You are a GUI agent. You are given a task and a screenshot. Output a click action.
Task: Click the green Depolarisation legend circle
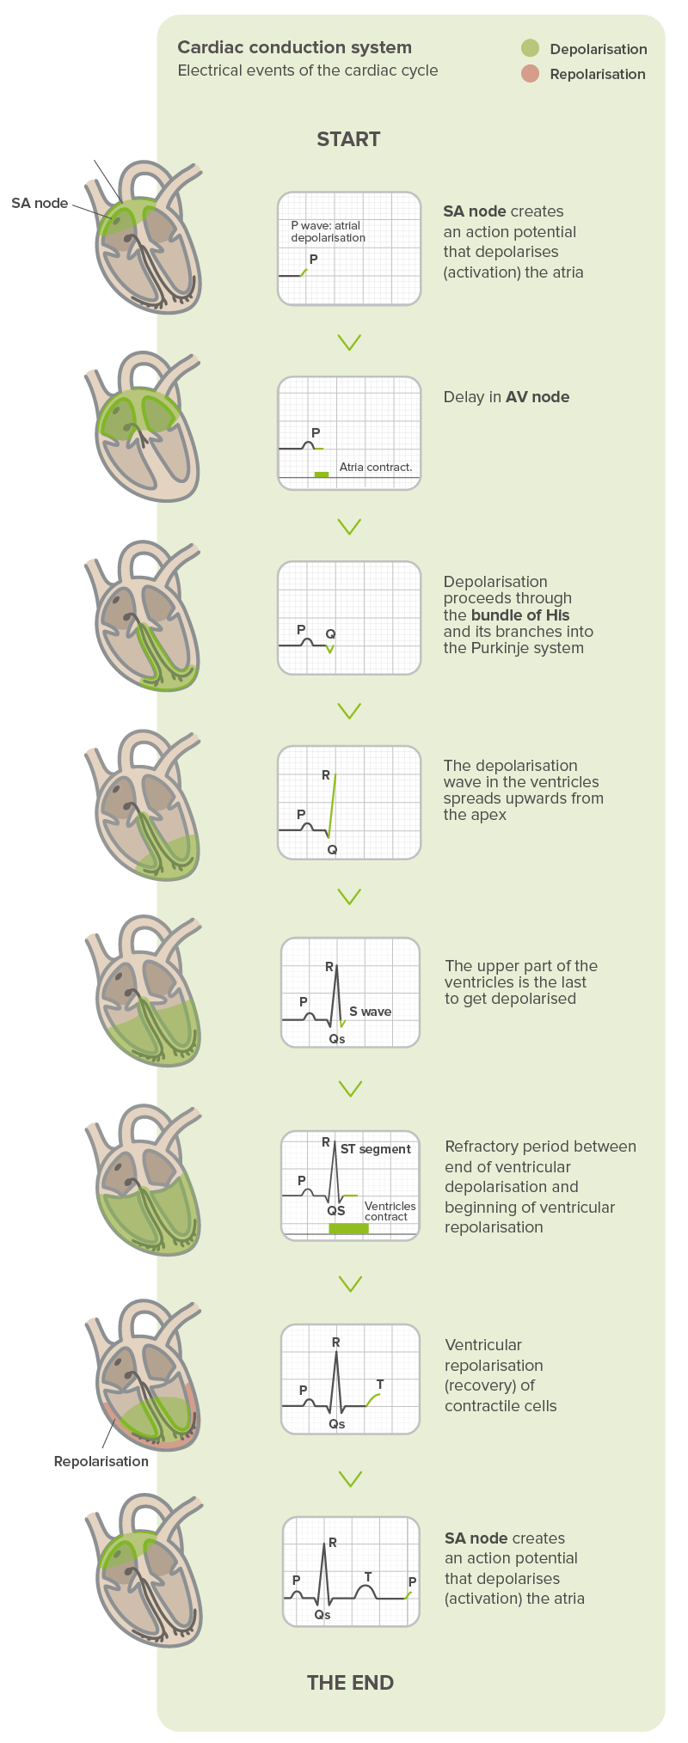coord(530,48)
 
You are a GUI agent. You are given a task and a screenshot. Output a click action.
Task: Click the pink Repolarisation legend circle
coord(530,74)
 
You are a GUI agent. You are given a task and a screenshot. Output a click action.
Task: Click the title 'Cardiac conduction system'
coord(294,47)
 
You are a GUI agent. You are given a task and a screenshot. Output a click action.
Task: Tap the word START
coord(348,139)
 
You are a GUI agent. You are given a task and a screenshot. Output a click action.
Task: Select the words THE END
coord(350,1682)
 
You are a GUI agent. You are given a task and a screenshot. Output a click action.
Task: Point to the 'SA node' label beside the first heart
coord(40,203)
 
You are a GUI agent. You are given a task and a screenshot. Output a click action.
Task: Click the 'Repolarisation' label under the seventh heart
coord(101,1460)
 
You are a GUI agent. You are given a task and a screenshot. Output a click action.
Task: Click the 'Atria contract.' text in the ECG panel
coord(376,467)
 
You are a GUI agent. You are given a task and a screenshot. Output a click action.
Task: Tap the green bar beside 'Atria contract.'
coord(322,474)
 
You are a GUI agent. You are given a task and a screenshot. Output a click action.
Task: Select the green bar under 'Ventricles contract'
coord(348,1228)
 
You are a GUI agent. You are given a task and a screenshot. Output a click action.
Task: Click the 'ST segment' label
coord(376,1149)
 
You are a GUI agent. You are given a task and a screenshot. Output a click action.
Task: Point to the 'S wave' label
coord(370,1012)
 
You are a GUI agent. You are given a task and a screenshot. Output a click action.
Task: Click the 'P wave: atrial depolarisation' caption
coord(328,232)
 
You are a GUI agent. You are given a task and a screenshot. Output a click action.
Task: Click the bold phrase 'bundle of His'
coord(520,615)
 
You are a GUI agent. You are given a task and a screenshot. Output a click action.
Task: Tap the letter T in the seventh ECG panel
coord(380,1385)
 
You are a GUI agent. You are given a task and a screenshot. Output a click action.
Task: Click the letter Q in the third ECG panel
coord(330,634)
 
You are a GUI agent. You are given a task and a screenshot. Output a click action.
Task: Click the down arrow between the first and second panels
coord(349,342)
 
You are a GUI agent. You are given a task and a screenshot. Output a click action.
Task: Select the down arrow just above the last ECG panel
coord(349,1478)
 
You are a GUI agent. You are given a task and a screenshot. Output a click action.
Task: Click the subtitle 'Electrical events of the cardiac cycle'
coord(307,70)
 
